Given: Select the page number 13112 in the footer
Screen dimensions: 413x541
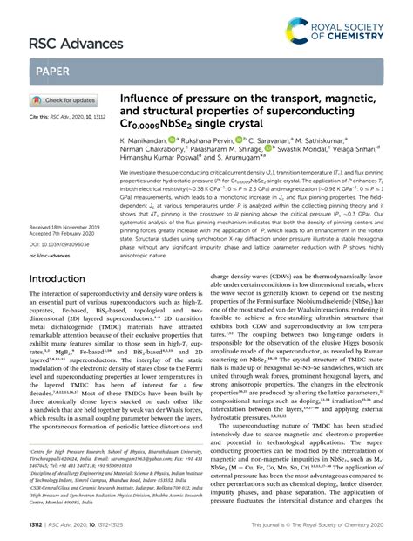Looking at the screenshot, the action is tap(38, 525).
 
